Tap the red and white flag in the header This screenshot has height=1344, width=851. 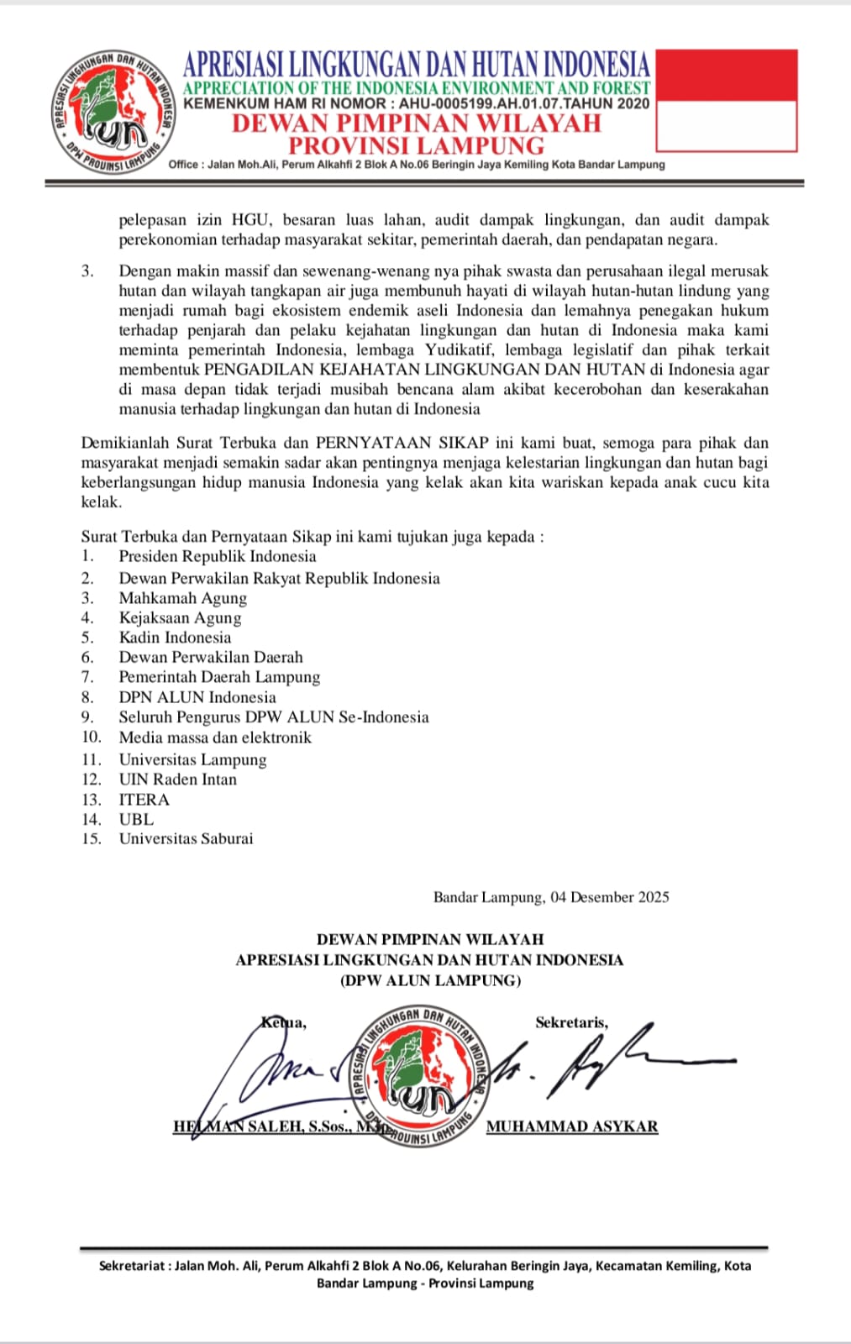(726, 101)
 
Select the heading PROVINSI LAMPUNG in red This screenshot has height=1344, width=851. (416, 145)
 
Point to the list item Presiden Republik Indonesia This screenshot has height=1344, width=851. (218, 556)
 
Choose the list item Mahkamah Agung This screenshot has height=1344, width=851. (183, 598)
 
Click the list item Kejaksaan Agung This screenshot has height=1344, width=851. (180, 617)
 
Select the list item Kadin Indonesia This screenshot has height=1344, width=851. (175, 638)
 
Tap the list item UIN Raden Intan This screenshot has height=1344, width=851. (177, 779)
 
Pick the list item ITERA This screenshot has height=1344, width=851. (144, 800)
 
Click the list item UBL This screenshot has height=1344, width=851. (136, 819)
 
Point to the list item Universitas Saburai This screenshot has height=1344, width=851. (186, 838)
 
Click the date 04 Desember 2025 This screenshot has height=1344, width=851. (610, 897)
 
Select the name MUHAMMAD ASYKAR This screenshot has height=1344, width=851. (572, 1126)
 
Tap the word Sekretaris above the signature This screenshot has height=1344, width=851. (571, 1022)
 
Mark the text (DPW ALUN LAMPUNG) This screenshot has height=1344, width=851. (430, 980)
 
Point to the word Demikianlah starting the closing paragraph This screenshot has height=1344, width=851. (125, 443)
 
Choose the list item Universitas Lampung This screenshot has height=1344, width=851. (192, 759)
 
